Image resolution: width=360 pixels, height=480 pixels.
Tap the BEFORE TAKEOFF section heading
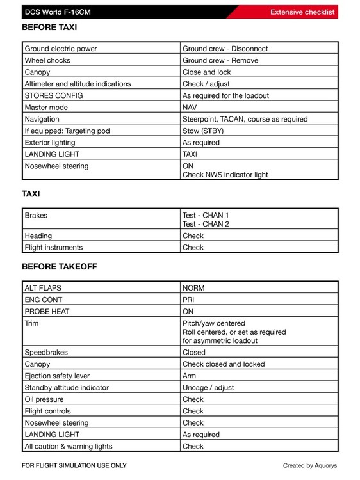point(60,266)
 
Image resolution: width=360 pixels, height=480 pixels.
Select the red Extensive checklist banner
point(302,12)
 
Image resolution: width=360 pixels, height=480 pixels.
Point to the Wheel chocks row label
point(47,60)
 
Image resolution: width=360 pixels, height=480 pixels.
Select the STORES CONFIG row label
point(54,95)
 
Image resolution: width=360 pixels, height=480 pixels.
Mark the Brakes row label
point(36,216)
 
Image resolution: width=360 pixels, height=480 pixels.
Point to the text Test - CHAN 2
point(206,224)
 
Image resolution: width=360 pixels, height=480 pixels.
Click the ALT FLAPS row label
point(43,288)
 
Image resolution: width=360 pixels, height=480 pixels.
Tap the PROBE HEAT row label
point(47,311)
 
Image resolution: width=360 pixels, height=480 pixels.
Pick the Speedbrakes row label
point(46,352)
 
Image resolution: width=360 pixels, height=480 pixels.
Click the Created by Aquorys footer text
point(310,465)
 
